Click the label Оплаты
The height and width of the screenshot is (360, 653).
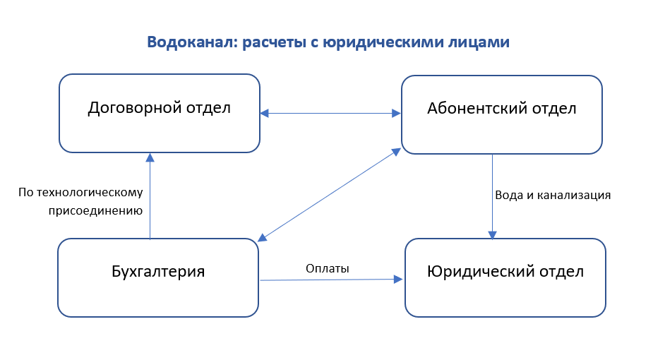[328, 268]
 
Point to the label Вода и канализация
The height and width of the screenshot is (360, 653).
[553, 196]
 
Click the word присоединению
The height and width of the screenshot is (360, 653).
[96, 210]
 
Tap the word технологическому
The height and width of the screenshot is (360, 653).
[90, 192]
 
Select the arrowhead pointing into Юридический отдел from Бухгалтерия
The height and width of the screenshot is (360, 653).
[398, 280]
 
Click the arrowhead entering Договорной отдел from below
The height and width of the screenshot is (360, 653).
[150, 157]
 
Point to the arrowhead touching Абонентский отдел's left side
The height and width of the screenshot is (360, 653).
[396, 113]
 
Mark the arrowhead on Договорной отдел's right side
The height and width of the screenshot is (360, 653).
[265, 113]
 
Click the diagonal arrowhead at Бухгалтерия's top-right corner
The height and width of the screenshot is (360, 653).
[263, 238]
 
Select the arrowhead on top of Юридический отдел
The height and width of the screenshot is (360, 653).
[492, 235]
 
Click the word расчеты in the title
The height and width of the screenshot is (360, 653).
[275, 43]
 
